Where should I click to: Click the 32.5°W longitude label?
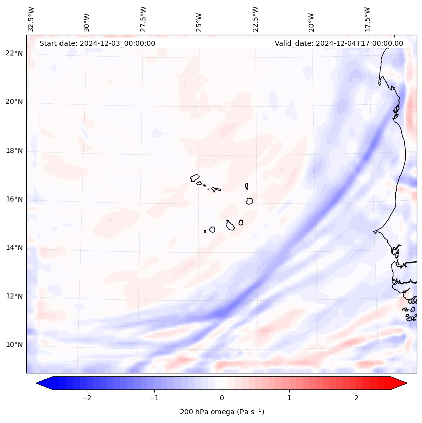[31, 19]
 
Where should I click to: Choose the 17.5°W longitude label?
[367, 19]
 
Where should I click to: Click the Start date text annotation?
[97, 43]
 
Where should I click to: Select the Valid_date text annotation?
[339, 43]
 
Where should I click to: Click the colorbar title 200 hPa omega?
[222, 412]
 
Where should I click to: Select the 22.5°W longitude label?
[255, 19]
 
